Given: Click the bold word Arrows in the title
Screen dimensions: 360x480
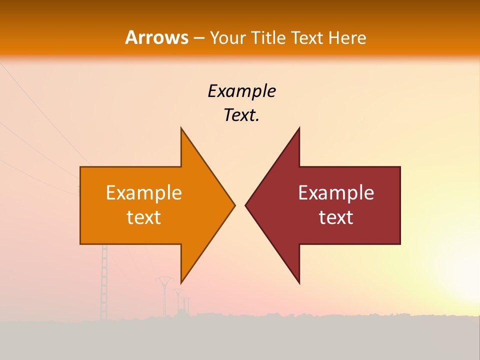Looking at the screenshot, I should click(x=156, y=37).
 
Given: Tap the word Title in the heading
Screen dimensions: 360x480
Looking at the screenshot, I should click(x=268, y=37).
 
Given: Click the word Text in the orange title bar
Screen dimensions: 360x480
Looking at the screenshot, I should click(x=307, y=37).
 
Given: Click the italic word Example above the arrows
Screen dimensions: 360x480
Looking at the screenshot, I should click(x=241, y=91).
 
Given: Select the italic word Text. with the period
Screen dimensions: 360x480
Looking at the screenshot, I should click(x=241, y=115).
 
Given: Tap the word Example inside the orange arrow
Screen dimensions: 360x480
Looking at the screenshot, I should click(x=144, y=193).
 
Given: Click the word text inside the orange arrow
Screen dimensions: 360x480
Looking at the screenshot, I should click(x=144, y=217).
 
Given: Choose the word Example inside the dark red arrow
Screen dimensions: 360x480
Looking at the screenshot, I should click(x=336, y=193).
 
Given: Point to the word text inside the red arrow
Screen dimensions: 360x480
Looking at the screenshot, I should click(x=336, y=217).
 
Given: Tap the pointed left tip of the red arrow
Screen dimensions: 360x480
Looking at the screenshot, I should click(x=246, y=205).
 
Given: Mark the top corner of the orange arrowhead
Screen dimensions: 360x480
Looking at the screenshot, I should click(x=181, y=128).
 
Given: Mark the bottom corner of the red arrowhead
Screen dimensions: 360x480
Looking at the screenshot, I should click(x=299, y=282).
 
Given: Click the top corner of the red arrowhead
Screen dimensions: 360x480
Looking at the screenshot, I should click(x=299, y=128).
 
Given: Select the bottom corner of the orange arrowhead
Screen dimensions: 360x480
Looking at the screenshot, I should click(x=181, y=282).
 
